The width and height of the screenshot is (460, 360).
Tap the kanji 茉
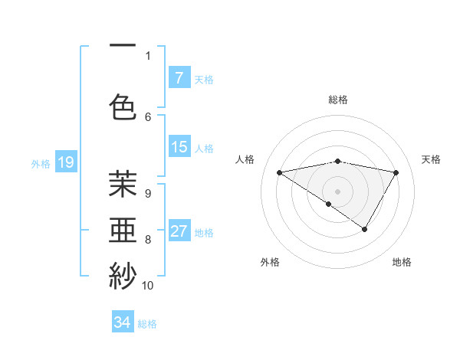(123, 184)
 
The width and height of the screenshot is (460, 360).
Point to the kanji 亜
(123, 230)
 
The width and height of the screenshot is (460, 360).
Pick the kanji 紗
(123, 275)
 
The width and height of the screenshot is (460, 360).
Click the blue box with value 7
(179, 78)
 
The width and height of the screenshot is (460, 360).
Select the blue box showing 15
(179, 148)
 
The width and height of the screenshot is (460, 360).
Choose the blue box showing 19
(65, 162)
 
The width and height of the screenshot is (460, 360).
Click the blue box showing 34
(123, 323)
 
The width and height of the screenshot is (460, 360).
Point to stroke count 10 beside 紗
(148, 286)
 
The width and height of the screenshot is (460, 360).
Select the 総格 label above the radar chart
(338, 100)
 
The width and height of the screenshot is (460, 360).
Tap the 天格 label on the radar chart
(431, 159)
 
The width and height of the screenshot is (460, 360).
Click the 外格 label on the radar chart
(270, 262)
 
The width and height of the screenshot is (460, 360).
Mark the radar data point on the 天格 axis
(396, 172)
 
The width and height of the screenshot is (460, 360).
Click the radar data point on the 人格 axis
(280, 172)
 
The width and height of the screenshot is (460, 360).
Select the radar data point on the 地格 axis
(365, 229)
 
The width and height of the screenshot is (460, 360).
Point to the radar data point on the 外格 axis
(328, 204)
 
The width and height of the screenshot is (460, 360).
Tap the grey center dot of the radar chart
(338, 191)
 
